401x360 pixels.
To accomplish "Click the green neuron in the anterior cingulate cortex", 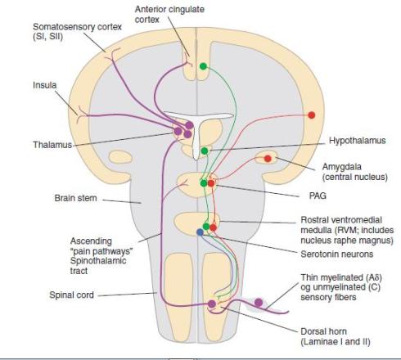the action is coord(203,66).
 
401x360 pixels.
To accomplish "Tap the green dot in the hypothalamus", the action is coord(205,151).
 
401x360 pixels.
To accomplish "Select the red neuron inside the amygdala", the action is coord(268,159).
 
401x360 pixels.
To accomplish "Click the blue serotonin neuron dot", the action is coord(200,232).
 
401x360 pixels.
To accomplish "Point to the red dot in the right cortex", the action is coord(312,115).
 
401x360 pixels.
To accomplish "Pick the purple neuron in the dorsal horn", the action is coord(212,304).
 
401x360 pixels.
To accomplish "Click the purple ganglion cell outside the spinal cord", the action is coord(259,302).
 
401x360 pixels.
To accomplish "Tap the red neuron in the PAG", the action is coord(211,183).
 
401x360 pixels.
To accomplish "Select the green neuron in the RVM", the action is coord(206,227).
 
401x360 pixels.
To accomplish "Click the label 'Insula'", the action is coord(45,85).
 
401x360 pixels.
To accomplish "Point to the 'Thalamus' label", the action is coord(52,145).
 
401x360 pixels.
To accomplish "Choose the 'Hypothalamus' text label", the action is coord(357,141).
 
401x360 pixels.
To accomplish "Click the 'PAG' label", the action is coord(318,196).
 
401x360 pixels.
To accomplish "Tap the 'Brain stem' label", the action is coord(75,198).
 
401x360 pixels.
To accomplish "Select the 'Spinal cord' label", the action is coord(71,295).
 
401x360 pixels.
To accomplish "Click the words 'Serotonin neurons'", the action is coord(337,254).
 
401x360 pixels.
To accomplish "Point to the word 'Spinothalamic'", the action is coord(98,261).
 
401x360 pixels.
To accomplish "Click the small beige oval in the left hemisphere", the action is coord(120,157).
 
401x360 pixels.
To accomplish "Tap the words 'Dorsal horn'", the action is coord(323,331).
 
